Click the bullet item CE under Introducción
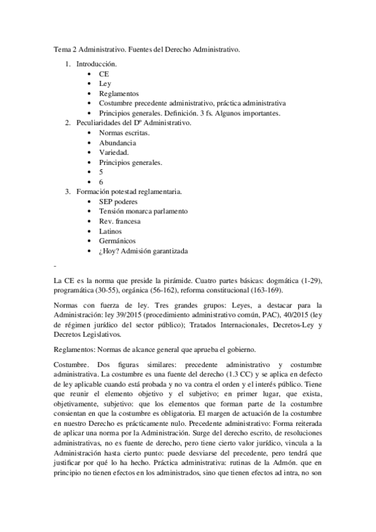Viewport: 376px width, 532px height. click(104, 73)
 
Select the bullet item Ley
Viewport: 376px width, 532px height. click(105, 83)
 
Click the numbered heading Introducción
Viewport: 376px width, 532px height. click(96, 63)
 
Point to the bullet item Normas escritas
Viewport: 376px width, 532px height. click(124, 133)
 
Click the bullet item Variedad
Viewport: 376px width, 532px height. click(114, 152)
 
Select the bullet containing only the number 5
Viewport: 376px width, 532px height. click(101, 172)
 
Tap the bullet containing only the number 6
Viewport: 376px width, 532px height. click(101, 182)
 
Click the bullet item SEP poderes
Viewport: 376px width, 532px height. click(118, 202)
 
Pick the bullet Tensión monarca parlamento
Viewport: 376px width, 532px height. click(143, 211)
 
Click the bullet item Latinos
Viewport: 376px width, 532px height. click(110, 231)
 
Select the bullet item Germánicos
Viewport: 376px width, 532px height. click(117, 241)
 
